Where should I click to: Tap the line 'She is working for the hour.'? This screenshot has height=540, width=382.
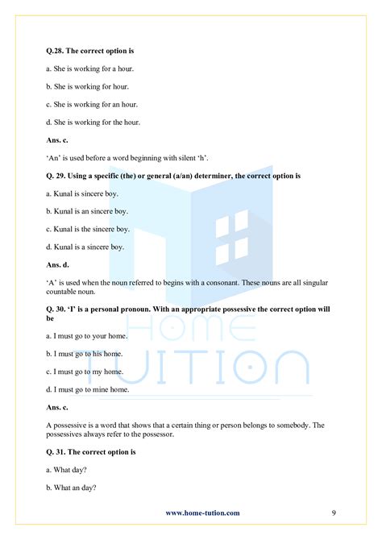(x=94, y=122)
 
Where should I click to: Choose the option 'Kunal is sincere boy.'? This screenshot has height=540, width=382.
(x=85, y=193)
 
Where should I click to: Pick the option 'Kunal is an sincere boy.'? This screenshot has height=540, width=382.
(x=89, y=211)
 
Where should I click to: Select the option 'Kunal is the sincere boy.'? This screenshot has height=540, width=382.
(x=89, y=229)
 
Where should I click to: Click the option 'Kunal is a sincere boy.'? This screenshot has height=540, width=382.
(x=87, y=246)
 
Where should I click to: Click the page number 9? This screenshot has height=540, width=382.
(x=334, y=512)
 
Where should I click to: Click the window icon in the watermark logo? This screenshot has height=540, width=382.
(x=232, y=232)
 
